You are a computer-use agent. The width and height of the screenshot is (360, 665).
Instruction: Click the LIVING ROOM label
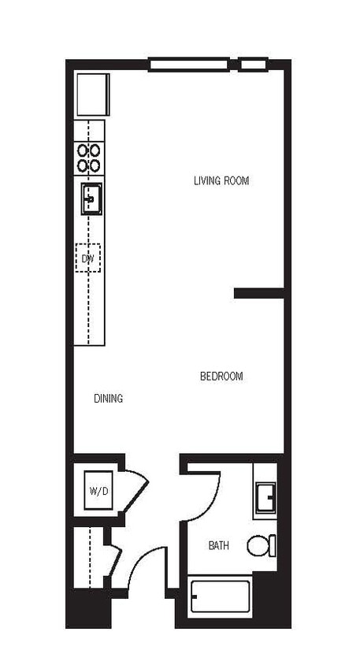(221, 180)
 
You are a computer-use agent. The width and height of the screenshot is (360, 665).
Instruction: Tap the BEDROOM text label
(221, 377)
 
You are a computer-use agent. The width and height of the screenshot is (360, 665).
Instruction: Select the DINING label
(108, 399)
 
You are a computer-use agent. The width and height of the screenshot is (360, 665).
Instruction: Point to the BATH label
(219, 545)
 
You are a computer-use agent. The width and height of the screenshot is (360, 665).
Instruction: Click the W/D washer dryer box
(99, 491)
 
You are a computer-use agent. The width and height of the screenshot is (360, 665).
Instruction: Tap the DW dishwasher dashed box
(88, 258)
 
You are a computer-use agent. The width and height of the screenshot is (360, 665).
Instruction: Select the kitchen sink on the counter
(91, 199)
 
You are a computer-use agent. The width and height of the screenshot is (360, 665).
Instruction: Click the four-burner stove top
(88, 158)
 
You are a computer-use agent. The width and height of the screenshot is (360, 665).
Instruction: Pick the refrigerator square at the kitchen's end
(91, 95)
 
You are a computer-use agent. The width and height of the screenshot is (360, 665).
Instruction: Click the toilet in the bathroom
(261, 545)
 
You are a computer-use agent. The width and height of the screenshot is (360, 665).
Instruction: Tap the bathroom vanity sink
(265, 498)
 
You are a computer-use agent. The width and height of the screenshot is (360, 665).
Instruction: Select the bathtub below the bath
(220, 598)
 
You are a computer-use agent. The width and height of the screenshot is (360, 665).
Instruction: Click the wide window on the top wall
(188, 64)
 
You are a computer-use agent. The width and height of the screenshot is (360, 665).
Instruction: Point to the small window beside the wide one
(254, 64)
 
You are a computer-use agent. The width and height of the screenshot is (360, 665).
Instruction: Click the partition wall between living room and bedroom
(258, 293)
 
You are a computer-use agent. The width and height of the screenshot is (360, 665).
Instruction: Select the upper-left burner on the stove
(82, 150)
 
